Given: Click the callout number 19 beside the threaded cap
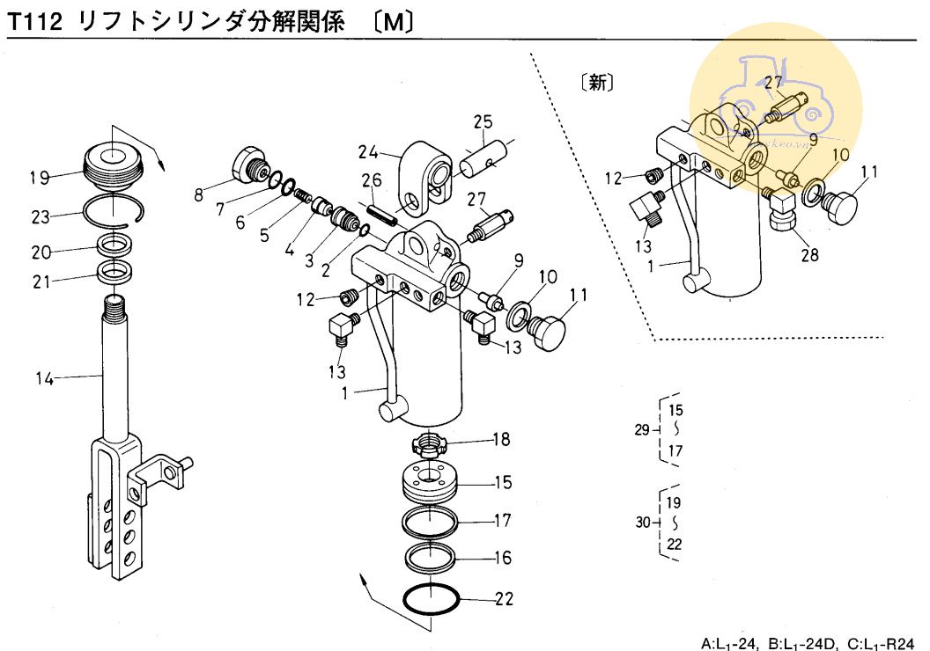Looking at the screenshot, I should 39,178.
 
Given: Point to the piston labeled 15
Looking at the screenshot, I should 431,482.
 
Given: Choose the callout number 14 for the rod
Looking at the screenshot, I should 45,379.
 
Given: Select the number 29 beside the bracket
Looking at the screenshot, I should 642,429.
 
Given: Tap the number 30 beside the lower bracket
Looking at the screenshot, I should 643,523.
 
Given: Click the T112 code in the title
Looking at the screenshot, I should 35,24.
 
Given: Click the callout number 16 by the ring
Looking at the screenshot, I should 503,558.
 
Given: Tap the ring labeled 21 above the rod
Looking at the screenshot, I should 115,271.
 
